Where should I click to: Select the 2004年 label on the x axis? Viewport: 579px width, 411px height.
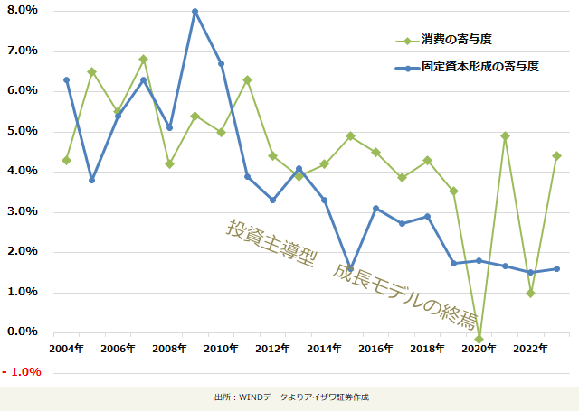coord(65,349)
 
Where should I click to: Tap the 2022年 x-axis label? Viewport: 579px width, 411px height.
coord(529,349)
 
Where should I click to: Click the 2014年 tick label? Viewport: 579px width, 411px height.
coord(323,349)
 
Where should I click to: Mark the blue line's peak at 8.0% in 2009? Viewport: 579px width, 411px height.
coord(195,11)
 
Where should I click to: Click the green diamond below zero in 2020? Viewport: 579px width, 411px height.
coord(479,339)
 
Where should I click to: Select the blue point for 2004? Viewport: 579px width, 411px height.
coord(66,79)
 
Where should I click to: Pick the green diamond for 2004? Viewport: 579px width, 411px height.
coord(66,160)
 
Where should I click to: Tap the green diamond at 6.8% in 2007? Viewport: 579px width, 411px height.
coord(143,59)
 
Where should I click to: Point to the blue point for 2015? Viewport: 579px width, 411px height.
coord(350,268)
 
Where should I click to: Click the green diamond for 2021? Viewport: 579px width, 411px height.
coord(505,135)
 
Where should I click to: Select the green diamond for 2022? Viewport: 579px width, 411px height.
coord(530,293)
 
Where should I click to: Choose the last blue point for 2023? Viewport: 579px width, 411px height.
coord(556,268)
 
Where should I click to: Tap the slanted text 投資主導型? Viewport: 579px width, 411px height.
coord(271,242)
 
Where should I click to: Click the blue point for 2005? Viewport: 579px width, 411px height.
coord(91,180)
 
